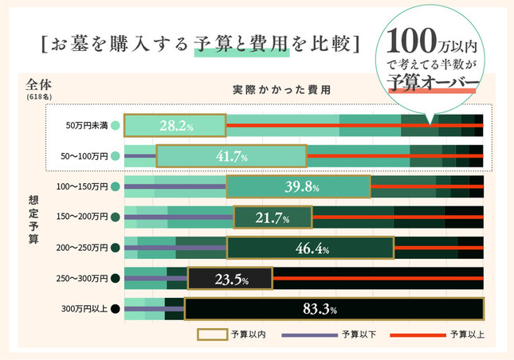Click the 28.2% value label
coord(176,126)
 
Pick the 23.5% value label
coord(230,279)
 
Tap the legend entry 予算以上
coord(465,335)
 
